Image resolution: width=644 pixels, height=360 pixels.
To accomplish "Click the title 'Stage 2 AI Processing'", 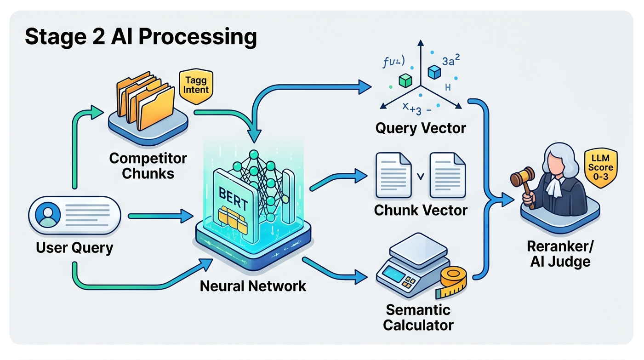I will [141, 37].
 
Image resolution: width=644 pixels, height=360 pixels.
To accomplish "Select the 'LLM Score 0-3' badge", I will [600, 168].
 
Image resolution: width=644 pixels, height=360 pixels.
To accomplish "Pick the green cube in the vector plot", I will [405, 81].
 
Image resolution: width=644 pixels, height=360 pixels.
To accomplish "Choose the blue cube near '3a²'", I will [434, 71].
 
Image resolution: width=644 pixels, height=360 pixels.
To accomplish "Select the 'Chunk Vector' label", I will [421, 210].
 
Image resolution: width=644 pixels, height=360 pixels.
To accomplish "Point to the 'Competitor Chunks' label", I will [148, 166].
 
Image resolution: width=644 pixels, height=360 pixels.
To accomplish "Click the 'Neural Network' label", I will [253, 286].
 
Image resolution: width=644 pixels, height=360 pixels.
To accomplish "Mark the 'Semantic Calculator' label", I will [418, 317].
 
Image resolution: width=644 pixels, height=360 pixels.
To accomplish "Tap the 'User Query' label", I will [74, 248].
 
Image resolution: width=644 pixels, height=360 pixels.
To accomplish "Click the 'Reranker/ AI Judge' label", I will [560, 254].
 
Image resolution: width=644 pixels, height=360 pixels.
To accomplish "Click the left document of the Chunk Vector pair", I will [393, 175].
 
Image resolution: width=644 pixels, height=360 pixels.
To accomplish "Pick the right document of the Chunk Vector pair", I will [446, 175].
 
